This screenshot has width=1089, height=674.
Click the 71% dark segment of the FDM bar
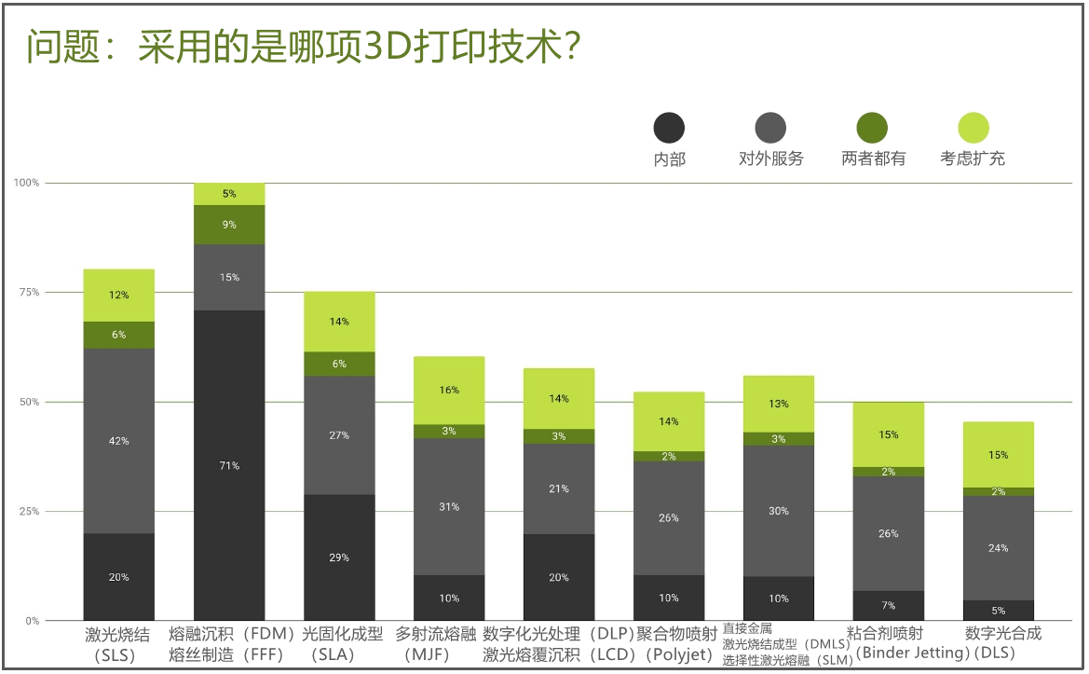229,465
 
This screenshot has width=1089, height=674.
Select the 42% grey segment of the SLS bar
118,441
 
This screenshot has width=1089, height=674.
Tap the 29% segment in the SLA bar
339,557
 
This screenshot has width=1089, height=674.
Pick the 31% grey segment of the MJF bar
449,506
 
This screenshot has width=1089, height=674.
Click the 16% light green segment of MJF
449,390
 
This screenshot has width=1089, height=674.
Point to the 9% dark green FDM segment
229,225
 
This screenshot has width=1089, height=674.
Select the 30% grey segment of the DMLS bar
779,511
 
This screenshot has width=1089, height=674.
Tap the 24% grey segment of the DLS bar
998,547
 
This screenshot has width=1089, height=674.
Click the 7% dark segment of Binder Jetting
888,605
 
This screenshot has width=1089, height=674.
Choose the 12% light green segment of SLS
118,296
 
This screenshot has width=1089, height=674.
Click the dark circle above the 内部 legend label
669,128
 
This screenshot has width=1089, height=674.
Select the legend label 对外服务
770,159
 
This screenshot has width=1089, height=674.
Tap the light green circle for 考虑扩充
973,128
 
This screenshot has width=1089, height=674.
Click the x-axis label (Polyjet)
676,654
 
